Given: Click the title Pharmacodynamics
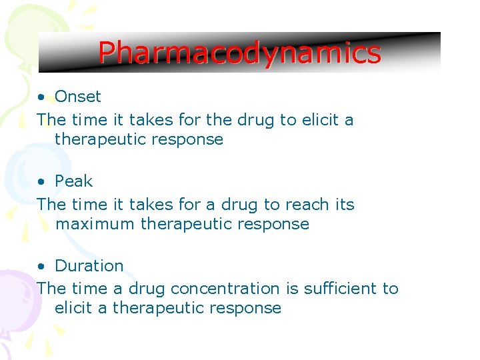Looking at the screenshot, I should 239,53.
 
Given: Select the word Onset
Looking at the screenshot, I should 78,97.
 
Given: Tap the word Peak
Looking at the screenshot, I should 74,181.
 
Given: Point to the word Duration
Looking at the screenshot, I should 89,266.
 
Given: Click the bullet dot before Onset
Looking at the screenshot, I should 41,97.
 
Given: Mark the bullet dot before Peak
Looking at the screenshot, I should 41,182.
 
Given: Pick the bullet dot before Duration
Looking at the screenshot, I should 41,267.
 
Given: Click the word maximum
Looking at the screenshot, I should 95,224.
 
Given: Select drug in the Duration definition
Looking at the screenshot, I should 146,289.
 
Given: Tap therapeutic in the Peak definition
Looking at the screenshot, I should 187,224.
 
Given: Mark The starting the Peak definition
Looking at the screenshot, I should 51,205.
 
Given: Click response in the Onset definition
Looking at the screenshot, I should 193,140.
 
